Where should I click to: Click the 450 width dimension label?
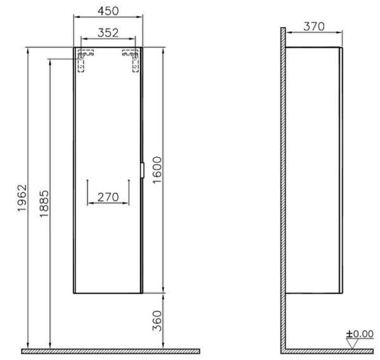coord(108,11)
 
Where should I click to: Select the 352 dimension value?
coord(108,33)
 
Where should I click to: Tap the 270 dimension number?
coord(108,197)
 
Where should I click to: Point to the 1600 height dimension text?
coord(157,170)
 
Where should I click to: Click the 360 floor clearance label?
coord(157,321)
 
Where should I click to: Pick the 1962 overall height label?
coord(22,198)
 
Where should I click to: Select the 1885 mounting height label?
coord(44,204)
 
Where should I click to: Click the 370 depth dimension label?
coord(314,27)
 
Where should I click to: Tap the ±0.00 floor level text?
coord(360,334)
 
